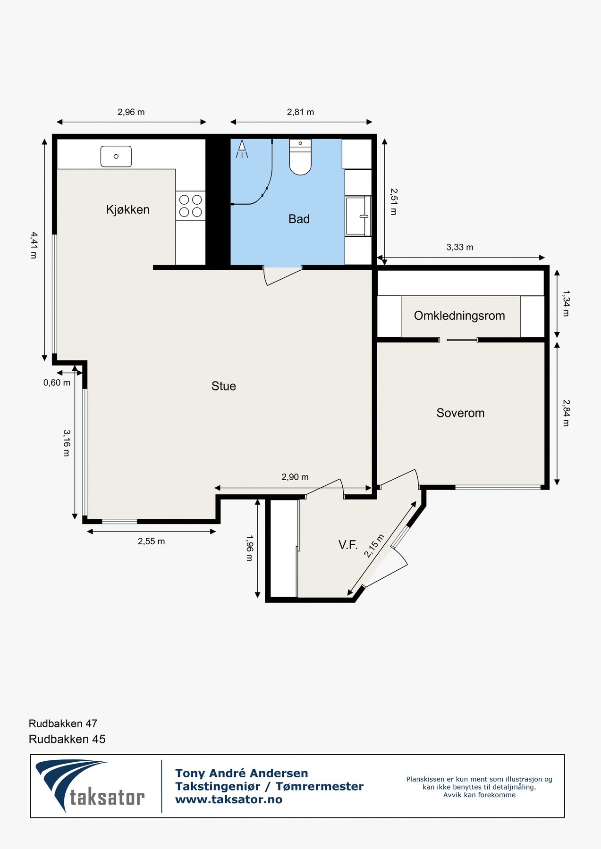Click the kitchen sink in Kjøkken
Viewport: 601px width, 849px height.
tap(116, 157)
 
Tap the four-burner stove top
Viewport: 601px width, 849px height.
tap(191, 206)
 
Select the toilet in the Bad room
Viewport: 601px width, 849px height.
tap(300, 158)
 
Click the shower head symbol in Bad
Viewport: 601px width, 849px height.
tap(242, 148)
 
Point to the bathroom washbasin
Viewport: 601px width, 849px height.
tap(358, 216)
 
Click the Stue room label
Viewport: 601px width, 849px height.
tap(223, 386)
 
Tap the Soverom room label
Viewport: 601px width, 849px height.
tap(460, 413)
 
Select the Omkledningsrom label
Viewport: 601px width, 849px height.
tap(459, 316)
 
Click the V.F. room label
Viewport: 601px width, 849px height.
tap(348, 545)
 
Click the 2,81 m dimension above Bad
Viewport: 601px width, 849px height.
tap(300, 112)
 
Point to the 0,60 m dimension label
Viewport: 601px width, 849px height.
tap(57, 383)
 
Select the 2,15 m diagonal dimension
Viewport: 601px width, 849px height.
tap(374, 546)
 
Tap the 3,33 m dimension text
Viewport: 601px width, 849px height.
tap(459, 247)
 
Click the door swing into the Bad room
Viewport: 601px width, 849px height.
tap(282, 276)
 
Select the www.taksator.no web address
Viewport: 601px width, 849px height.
tap(229, 799)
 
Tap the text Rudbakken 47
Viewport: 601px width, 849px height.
tap(63, 724)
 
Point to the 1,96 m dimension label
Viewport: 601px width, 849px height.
tap(249, 548)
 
